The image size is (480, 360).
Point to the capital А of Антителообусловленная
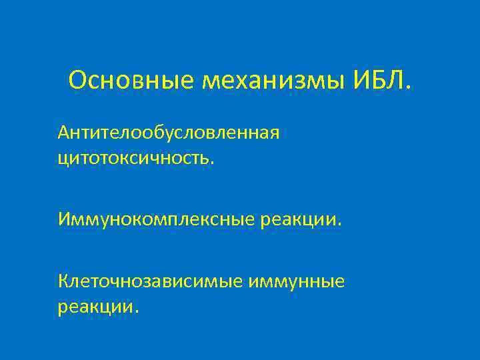(63, 133)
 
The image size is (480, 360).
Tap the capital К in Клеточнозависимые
(63, 282)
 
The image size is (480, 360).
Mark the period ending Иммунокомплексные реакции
(339, 224)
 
